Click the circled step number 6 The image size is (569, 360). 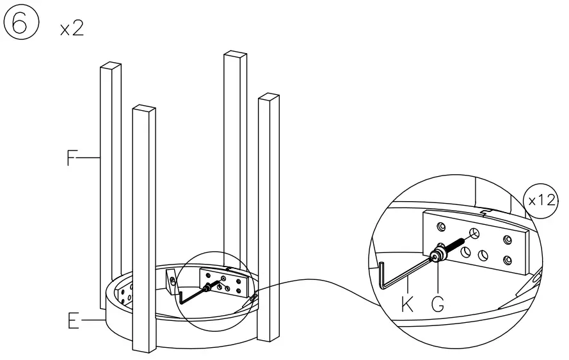click(x=19, y=25)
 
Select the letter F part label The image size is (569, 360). click(x=72, y=158)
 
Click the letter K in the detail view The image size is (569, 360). click(x=407, y=304)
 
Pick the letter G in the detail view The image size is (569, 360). click(x=438, y=304)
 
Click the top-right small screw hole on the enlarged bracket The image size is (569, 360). click(x=507, y=239)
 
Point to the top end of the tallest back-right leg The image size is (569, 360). click(x=235, y=55)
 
